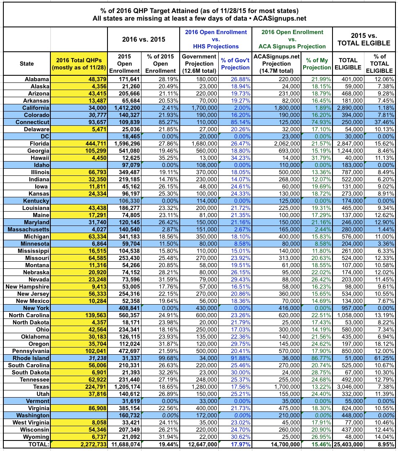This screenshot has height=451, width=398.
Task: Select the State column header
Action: pos(27,64)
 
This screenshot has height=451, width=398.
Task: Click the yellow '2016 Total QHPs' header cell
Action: pos(79,64)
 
